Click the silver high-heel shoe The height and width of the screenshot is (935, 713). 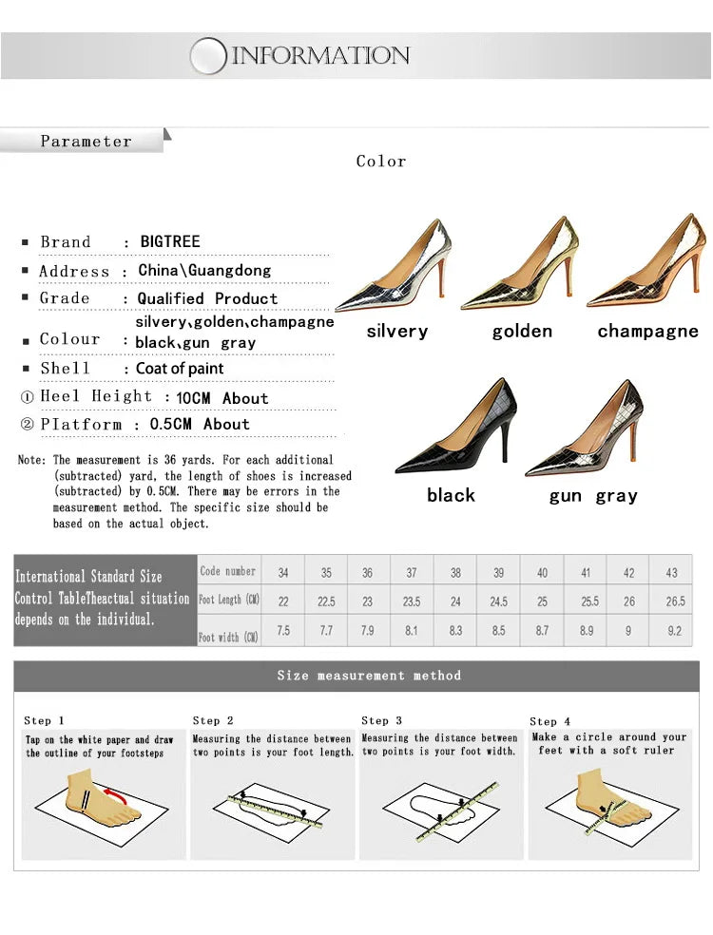pyautogui.click(x=395, y=271)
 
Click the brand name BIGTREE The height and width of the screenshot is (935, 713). pyautogui.click(x=170, y=242)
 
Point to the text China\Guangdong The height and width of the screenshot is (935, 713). pyautogui.click(x=204, y=271)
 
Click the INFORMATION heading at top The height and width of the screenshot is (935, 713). pyautogui.click(x=320, y=56)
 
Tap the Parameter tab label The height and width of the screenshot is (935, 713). pyautogui.click(x=86, y=142)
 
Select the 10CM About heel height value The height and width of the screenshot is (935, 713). pyautogui.click(x=222, y=398)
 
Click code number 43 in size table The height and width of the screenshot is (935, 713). pyautogui.click(x=672, y=573)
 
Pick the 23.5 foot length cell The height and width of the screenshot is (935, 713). pyautogui.click(x=412, y=601)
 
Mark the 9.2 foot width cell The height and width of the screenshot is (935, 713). pyautogui.click(x=674, y=631)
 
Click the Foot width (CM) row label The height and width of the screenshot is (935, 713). pyautogui.click(x=229, y=637)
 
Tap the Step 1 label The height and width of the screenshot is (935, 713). pyautogui.click(x=45, y=721)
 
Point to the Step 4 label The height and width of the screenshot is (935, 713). pyautogui.click(x=550, y=722)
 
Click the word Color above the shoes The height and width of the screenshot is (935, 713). pyautogui.click(x=381, y=162)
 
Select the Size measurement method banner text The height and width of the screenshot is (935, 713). pyautogui.click(x=369, y=676)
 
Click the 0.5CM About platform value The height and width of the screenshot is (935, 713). pyautogui.click(x=200, y=425)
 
